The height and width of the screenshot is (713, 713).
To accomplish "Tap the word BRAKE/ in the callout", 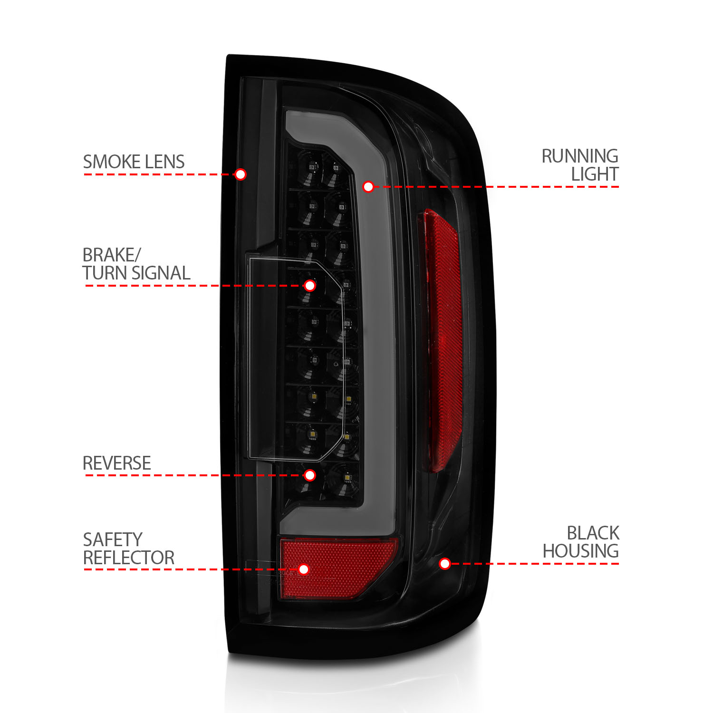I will point(112,255).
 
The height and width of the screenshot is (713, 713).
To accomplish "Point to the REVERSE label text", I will point(117,463).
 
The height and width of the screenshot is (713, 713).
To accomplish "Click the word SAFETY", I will point(113,540).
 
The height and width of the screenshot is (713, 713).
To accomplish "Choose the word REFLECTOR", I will point(129,558).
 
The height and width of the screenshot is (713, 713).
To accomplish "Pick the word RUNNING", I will point(580,156).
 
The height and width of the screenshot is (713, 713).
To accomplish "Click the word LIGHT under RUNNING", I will point(595,174).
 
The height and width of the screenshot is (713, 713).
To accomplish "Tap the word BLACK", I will point(593,533).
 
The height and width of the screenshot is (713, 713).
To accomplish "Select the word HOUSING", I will point(580,551).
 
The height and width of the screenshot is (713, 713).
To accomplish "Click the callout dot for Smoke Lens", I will point(241,174).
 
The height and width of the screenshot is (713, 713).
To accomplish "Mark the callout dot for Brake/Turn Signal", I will point(310,286).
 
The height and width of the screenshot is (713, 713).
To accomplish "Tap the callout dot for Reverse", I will point(310,475).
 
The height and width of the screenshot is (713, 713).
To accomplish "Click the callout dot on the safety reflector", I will point(304,569).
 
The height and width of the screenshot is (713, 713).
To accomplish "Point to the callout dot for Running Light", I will point(368,187).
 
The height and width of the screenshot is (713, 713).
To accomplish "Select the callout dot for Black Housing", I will point(445,564).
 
